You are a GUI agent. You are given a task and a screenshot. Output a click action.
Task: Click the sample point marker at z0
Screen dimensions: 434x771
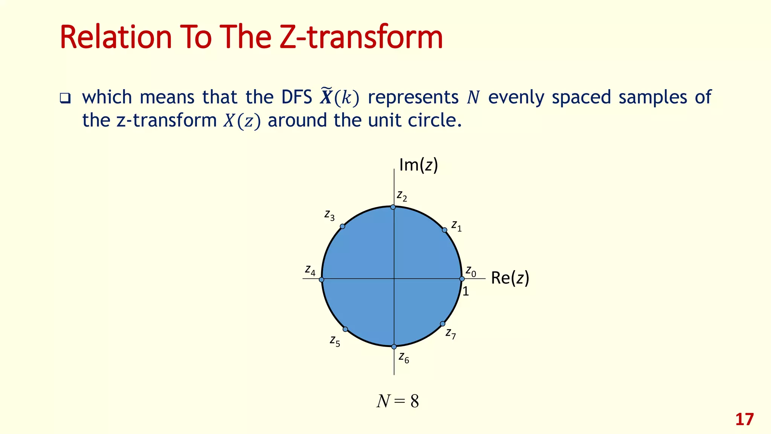462,279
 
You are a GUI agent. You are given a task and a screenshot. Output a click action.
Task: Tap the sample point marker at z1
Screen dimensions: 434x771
444,230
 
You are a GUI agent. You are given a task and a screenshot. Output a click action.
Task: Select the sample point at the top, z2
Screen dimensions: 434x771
393,207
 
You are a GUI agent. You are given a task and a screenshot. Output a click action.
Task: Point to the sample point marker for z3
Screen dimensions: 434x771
342,226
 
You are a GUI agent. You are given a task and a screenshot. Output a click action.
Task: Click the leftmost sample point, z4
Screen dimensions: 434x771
322,280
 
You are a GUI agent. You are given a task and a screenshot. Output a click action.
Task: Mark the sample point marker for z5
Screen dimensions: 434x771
345,329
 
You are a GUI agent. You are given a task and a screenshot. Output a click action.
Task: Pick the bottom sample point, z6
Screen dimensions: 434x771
394,347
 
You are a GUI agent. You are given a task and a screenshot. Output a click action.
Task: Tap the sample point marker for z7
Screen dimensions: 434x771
443,324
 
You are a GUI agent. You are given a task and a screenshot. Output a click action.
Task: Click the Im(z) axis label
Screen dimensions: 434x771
418,165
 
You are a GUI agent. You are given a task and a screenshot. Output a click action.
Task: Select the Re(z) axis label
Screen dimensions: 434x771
510,278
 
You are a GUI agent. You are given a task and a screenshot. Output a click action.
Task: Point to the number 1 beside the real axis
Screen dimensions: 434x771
466,292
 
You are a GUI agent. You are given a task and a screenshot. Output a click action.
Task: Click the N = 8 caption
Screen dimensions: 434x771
398,402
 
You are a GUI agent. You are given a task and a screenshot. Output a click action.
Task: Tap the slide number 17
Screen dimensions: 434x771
744,420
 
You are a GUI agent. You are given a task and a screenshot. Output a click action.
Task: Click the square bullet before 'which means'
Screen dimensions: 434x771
65,98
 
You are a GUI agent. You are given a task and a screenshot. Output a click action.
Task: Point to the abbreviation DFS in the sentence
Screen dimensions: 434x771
297,97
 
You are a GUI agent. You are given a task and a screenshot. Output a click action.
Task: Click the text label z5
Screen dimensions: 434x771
335,341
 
